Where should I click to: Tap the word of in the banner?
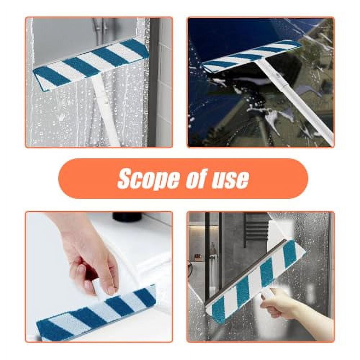(x=196, y=179)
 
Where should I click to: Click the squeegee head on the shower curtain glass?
(x=90, y=63)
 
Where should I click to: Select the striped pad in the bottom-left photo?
(x=97, y=313)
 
